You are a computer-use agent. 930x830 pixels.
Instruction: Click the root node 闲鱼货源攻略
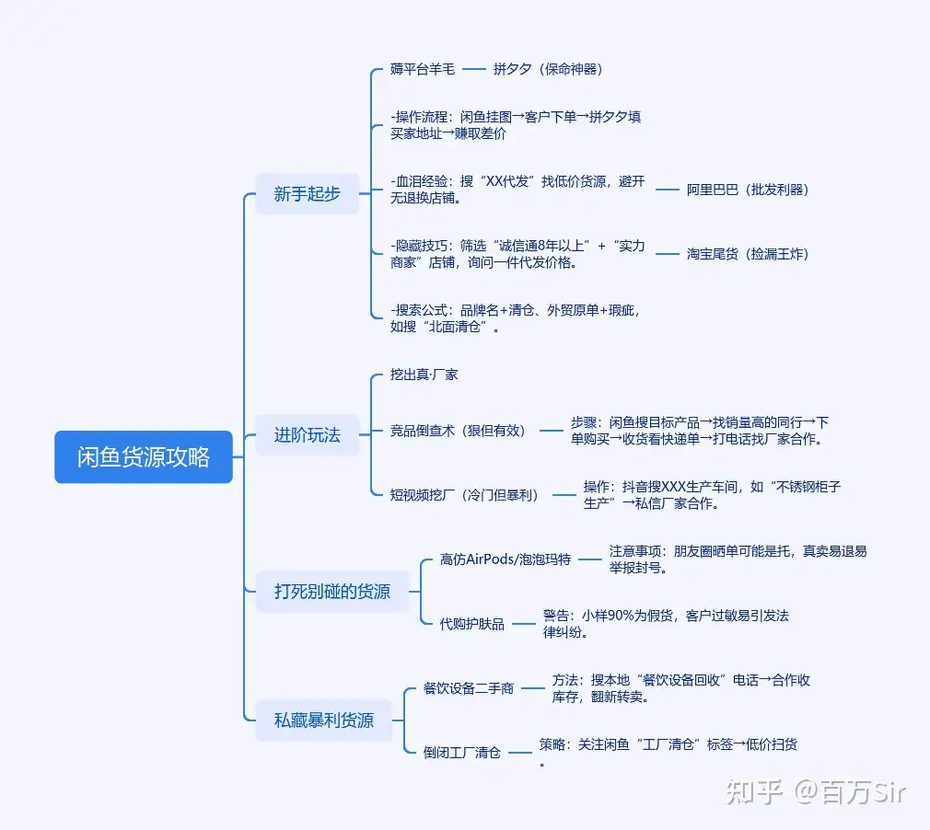pos(144,457)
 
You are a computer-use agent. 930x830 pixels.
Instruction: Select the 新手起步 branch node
pos(307,193)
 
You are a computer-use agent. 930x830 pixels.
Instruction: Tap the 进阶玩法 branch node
pos(307,434)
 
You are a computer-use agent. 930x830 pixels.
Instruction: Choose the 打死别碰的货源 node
pos(331,591)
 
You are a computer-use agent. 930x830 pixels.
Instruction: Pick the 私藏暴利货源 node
pos(324,720)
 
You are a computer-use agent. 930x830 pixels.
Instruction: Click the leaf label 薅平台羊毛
pos(423,69)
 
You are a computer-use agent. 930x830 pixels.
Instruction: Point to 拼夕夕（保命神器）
pos(547,69)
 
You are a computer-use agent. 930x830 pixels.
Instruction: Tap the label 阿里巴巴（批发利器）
pos(748,190)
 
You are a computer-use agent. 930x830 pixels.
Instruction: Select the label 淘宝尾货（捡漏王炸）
pos(748,254)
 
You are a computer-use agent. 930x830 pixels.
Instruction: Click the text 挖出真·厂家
pos(424,375)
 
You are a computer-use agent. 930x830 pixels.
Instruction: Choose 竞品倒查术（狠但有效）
pos(458,430)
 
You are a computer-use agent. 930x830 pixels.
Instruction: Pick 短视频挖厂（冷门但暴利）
pos(464,494)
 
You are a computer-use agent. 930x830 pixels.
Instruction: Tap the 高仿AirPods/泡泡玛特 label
pos(506,559)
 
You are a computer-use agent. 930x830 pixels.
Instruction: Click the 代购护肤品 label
pos(472,624)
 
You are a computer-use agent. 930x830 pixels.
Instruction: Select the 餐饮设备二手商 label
pos(469,688)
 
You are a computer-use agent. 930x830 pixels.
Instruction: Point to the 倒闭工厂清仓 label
pos(462,753)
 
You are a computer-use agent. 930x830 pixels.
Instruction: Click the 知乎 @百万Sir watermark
pos(815,790)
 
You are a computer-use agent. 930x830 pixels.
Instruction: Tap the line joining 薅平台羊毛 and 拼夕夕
pos(473,69)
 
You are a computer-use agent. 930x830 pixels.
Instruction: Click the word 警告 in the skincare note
pos(554,616)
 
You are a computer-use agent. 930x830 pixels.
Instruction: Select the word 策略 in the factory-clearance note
pos(552,744)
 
